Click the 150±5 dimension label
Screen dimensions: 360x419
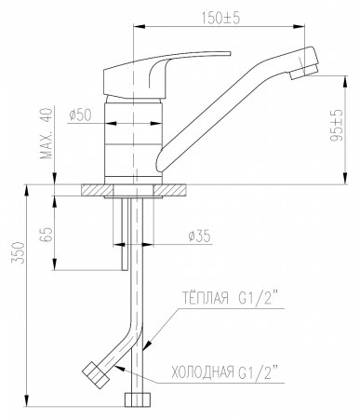pos(220,19)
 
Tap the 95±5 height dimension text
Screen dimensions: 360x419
pos(336,125)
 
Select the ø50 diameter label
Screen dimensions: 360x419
pos(81,115)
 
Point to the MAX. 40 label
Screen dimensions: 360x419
pos(47,133)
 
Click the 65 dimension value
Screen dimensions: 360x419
pos(47,235)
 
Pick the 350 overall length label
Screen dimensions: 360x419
pos(18,252)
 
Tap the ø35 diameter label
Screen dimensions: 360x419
pos(199,237)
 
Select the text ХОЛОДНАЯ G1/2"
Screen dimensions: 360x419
pos(224,372)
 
